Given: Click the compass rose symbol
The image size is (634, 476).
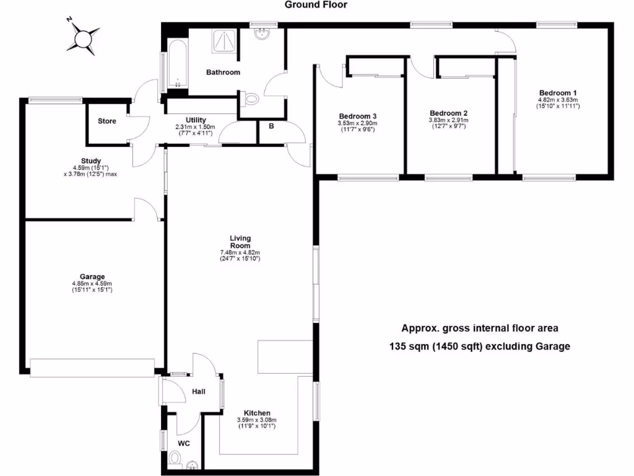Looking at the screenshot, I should [84, 37].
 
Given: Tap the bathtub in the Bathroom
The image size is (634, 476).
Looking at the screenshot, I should [175, 65].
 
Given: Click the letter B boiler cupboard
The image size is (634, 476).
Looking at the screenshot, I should [271, 126].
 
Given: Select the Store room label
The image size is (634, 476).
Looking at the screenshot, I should [107, 121].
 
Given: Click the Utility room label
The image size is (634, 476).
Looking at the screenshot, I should [196, 120].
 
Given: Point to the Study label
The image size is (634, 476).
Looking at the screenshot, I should [90, 161].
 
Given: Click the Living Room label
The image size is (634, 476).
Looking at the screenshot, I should [240, 242].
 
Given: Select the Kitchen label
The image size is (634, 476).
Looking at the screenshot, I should [256, 413].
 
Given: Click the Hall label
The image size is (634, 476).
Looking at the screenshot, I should [198, 392].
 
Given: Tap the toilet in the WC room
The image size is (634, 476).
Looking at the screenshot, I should [175, 459].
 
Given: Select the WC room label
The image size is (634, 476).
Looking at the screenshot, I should [184, 443].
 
